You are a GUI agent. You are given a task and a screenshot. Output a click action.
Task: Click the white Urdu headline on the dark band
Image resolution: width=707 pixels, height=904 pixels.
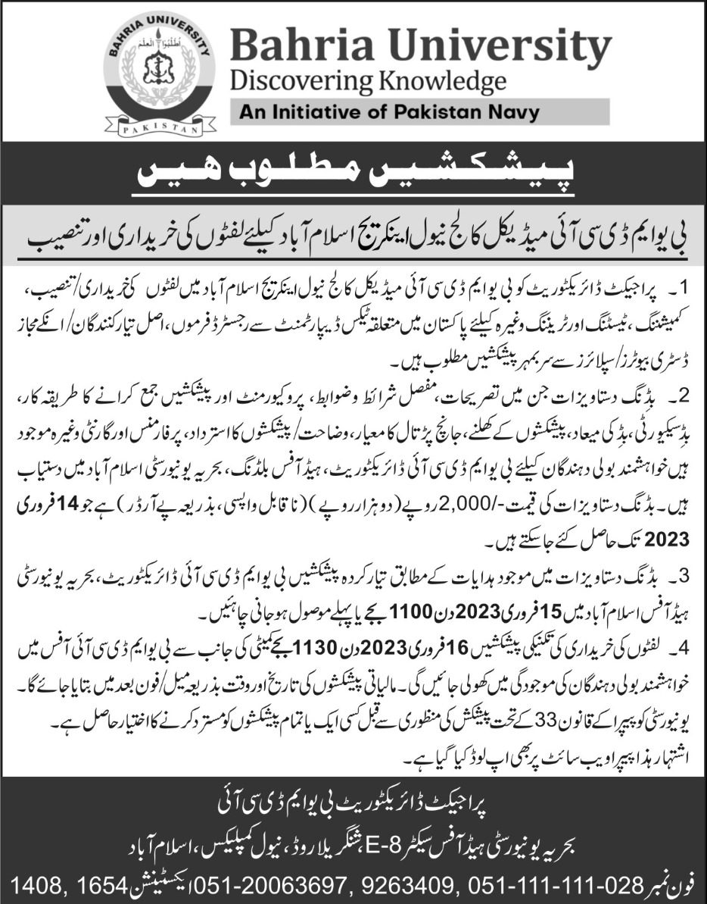[x=353, y=176]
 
